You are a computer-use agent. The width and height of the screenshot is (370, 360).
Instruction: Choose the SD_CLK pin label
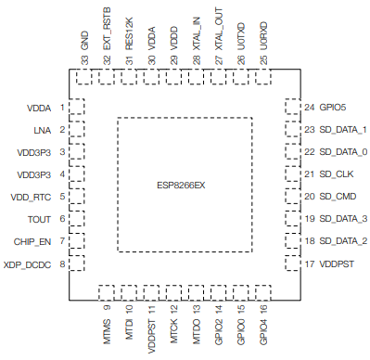point(335,174)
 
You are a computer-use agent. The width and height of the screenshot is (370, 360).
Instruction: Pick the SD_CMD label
point(337,197)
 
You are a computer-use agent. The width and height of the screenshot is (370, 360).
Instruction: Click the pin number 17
point(308,264)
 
